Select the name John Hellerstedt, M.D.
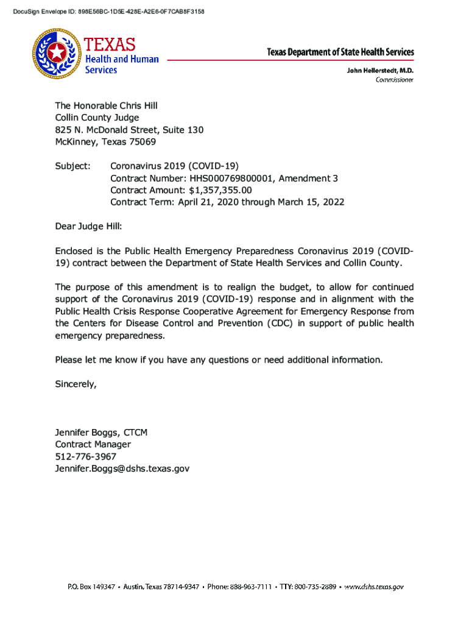tap(380, 70)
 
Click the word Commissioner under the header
tap(394, 80)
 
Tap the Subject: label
tap(73, 166)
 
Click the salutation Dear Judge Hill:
tap(89, 226)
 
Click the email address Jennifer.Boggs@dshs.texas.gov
tap(122, 469)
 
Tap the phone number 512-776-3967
tap(86, 456)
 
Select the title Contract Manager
tap(93, 444)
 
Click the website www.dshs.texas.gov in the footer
tap(374, 587)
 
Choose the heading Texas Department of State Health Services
tap(340, 52)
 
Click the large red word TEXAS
tap(110, 44)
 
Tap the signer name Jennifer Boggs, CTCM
tap(101, 433)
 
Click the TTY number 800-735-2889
tap(316, 587)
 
